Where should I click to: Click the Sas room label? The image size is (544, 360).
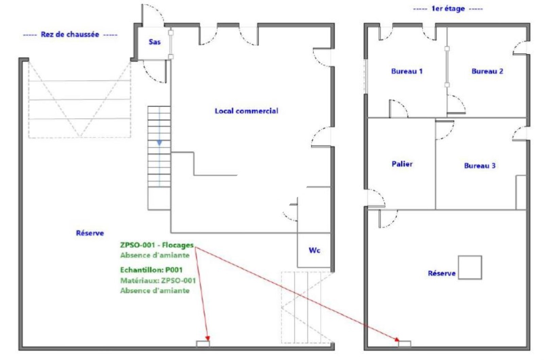[155, 42]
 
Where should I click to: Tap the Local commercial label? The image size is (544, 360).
[246, 111]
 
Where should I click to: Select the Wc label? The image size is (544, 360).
[314, 250]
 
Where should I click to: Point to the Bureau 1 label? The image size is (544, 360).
[407, 71]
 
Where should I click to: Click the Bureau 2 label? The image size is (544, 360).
[487, 71]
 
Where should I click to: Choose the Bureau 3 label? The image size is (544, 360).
[480, 165]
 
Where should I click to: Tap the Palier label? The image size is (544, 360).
[402, 164]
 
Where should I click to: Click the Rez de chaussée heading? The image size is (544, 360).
[70, 34]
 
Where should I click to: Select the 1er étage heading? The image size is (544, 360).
[448, 9]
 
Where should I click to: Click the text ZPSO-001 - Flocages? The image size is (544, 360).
[157, 245]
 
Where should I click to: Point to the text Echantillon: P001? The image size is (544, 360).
[151, 270]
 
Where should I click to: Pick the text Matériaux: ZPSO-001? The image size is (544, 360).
[158, 280]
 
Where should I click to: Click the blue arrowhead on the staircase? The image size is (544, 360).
[159, 143]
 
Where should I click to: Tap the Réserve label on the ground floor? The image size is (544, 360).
[90, 233]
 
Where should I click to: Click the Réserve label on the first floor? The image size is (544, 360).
[442, 273]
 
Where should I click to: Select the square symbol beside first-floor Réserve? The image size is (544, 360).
[470, 267]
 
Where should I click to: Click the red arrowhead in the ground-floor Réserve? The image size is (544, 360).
[207, 339]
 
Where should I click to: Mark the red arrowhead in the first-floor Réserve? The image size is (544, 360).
[396, 339]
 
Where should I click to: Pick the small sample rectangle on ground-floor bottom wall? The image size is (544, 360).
[203, 344]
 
